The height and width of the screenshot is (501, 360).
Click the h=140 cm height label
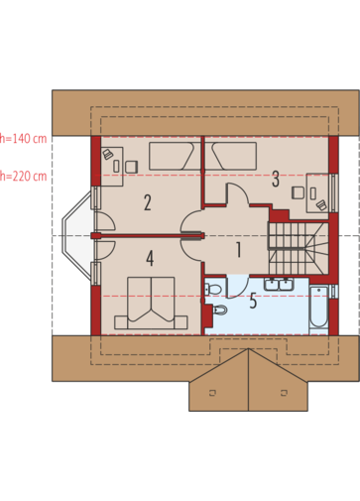tap(23, 139)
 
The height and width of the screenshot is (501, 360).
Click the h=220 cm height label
tap(23, 177)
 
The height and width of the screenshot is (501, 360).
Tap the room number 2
tap(148, 202)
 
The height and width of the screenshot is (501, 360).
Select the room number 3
tap(276, 179)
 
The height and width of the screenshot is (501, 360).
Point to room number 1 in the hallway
tap(238, 250)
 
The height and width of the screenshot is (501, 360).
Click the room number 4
tap(150, 258)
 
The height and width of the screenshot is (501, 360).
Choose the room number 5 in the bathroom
tap(253, 301)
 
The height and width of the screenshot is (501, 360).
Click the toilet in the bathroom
tap(212, 290)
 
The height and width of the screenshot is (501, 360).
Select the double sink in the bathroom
tap(278, 285)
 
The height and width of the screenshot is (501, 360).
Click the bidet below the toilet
tap(219, 310)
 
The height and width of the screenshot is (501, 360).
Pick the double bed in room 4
tap(151, 303)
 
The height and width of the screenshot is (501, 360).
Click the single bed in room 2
tap(171, 156)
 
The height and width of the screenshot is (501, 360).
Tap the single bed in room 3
tap(234, 156)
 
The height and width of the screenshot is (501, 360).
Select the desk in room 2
tap(112, 166)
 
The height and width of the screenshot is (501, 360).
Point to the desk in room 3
tap(317, 192)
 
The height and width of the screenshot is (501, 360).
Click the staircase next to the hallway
tap(299, 248)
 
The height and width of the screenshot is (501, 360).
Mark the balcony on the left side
tap(77, 235)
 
